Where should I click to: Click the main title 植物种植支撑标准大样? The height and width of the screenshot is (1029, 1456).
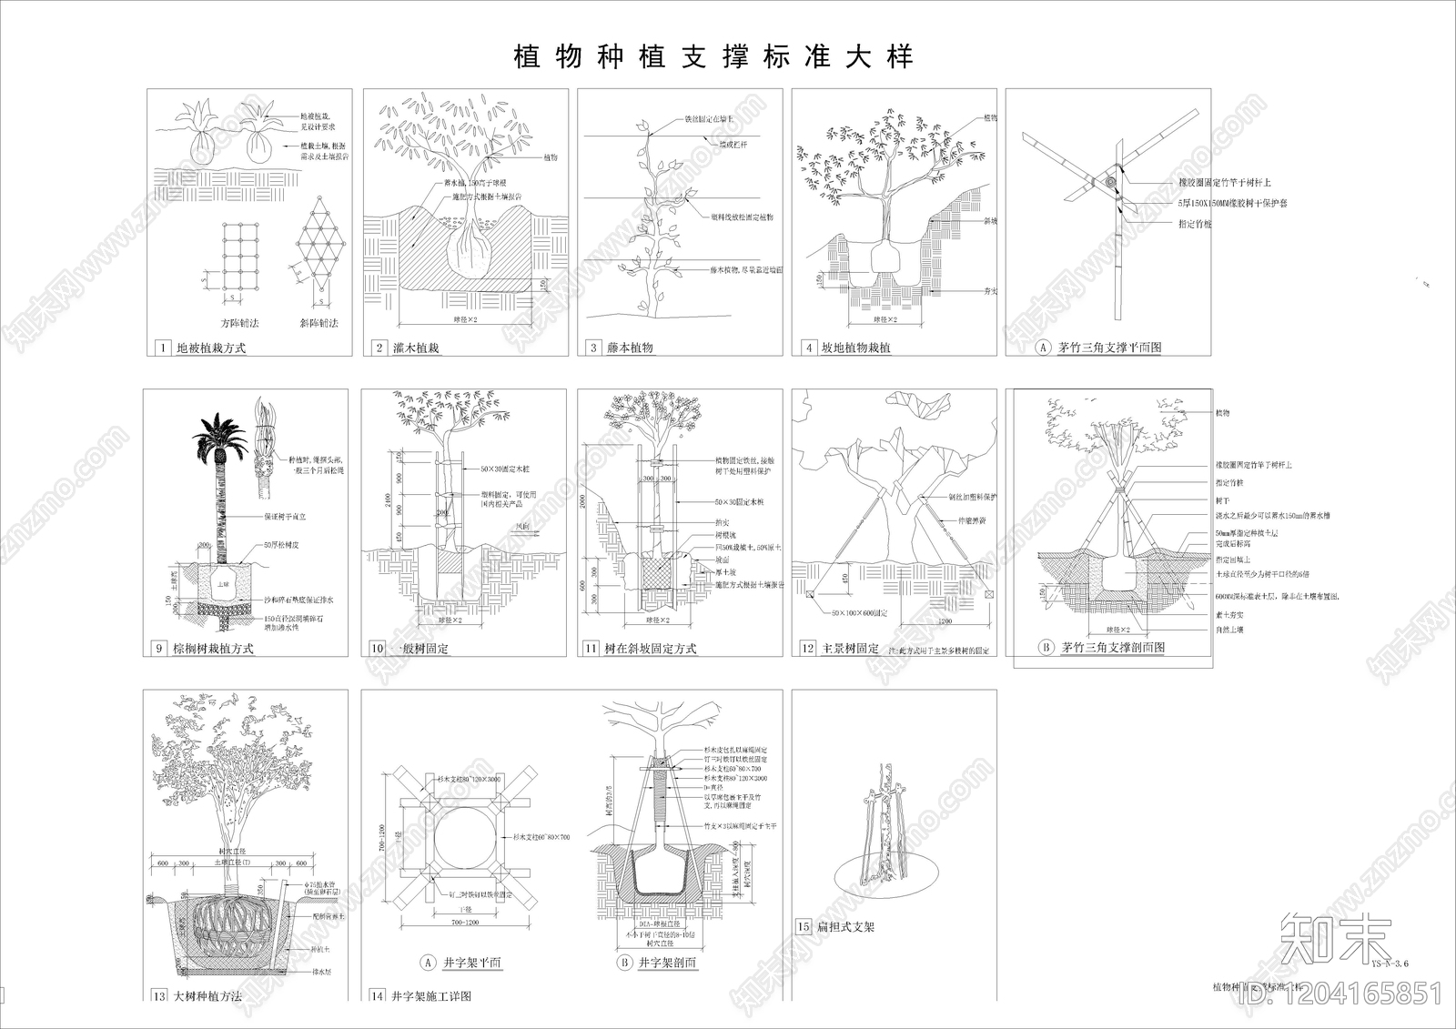[x=713, y=57]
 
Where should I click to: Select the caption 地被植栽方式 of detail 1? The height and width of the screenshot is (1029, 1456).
[x=210, y=348]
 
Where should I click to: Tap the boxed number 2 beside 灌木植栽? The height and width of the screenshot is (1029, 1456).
[x=379, y=348]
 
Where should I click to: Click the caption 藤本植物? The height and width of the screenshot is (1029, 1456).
[x=630, y=348]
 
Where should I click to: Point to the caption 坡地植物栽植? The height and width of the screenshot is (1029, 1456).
[x=855, y=348]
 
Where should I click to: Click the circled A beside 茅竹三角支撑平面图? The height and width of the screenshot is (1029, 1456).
[x=1043, y=347]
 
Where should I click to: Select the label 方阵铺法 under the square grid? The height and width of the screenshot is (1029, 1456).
[x=239, y=323]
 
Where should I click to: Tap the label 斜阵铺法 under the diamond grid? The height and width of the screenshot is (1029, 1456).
[x=318, y=323]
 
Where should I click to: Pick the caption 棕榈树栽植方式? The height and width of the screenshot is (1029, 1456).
[x=213, y=649]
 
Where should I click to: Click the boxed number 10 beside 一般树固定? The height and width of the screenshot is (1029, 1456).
[x=378, y=649]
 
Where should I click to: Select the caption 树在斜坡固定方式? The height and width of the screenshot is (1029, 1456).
[x=651, y=649]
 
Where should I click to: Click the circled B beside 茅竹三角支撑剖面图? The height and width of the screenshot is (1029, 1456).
[x=1046, y=648]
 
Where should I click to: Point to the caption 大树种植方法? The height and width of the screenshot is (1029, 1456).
[x=207, y=996]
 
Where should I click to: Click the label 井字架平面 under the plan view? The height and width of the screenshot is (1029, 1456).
[x=471, y=963]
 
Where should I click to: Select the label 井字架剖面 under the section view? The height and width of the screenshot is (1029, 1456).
[x=667, y=963]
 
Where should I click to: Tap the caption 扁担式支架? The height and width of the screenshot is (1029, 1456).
[x=846, y=927]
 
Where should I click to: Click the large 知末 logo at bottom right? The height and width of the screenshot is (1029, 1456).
[x=1335, y=940]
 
